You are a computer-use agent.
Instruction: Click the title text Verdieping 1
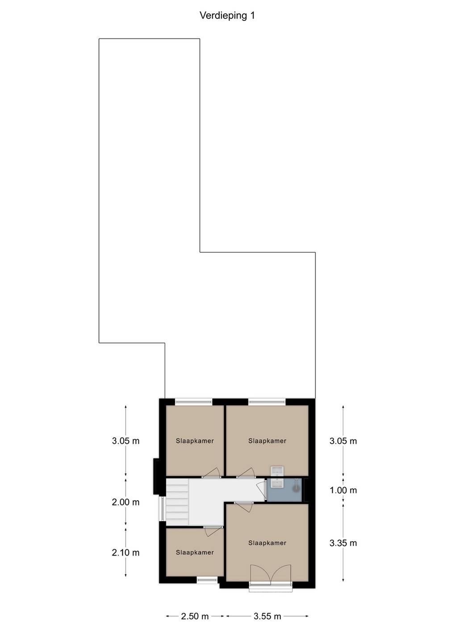pyautogui.click(x=227, y=16)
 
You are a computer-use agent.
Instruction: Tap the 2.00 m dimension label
pyautogui.click(x=126, y=502)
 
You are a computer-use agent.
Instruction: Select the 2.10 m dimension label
pyautogui.click(x=126, y=552)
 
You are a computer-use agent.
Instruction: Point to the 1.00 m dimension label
pyautogui.click(x=343, y=490)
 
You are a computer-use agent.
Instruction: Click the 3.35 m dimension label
pyautogui.click(x=343, y=543)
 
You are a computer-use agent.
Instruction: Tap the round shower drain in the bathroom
pyautogui.click(x=296, y=489)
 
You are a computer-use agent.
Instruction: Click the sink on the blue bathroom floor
pyautogui.click(x=277, y=483)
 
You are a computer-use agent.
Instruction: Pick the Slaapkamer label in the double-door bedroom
pyautogui.click(x=267, y=543)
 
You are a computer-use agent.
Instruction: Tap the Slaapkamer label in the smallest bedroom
pyautogui.click(x=195, y=552)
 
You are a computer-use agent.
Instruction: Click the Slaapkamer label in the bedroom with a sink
pyautogui.click(x=267, y=441)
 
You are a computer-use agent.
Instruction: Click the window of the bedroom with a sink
pyautogui.click(x=267, y=402)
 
